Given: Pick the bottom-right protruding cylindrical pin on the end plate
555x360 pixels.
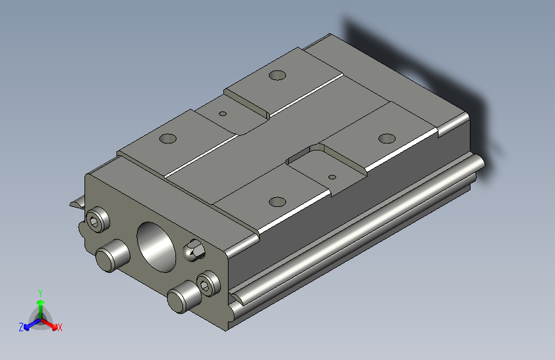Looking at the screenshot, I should pos(181,298).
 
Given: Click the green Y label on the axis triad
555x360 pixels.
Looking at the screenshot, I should pos(40,292).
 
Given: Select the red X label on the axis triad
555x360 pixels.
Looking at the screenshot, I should pos(60,327).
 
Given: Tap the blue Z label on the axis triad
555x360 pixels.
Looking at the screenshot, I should pos(21,327).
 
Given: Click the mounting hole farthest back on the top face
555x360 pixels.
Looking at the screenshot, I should pos(277,75).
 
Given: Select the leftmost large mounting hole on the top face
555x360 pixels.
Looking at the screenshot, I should pos(168,138).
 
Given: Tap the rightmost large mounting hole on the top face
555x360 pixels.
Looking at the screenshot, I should pos(387,138).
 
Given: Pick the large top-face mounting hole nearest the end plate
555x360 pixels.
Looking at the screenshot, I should pos(277,201).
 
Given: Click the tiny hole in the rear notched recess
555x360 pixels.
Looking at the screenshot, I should pos(223,114).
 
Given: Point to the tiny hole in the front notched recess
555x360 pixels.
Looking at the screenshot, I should pos(332,176).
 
